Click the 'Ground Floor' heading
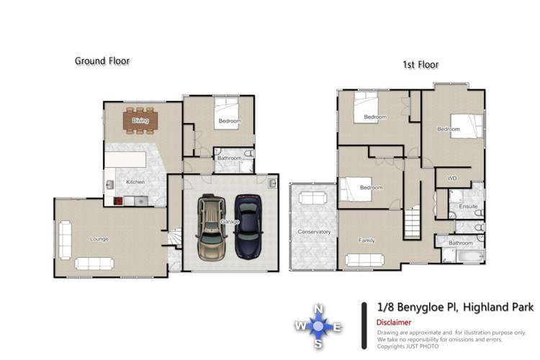[102, 61]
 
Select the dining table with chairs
[140, 120]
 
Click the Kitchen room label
[135, 182]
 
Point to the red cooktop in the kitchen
[119, 202]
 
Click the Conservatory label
[313, 232]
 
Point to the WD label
[452, 177]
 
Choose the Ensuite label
[468, 207]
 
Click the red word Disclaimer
[395, 323]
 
